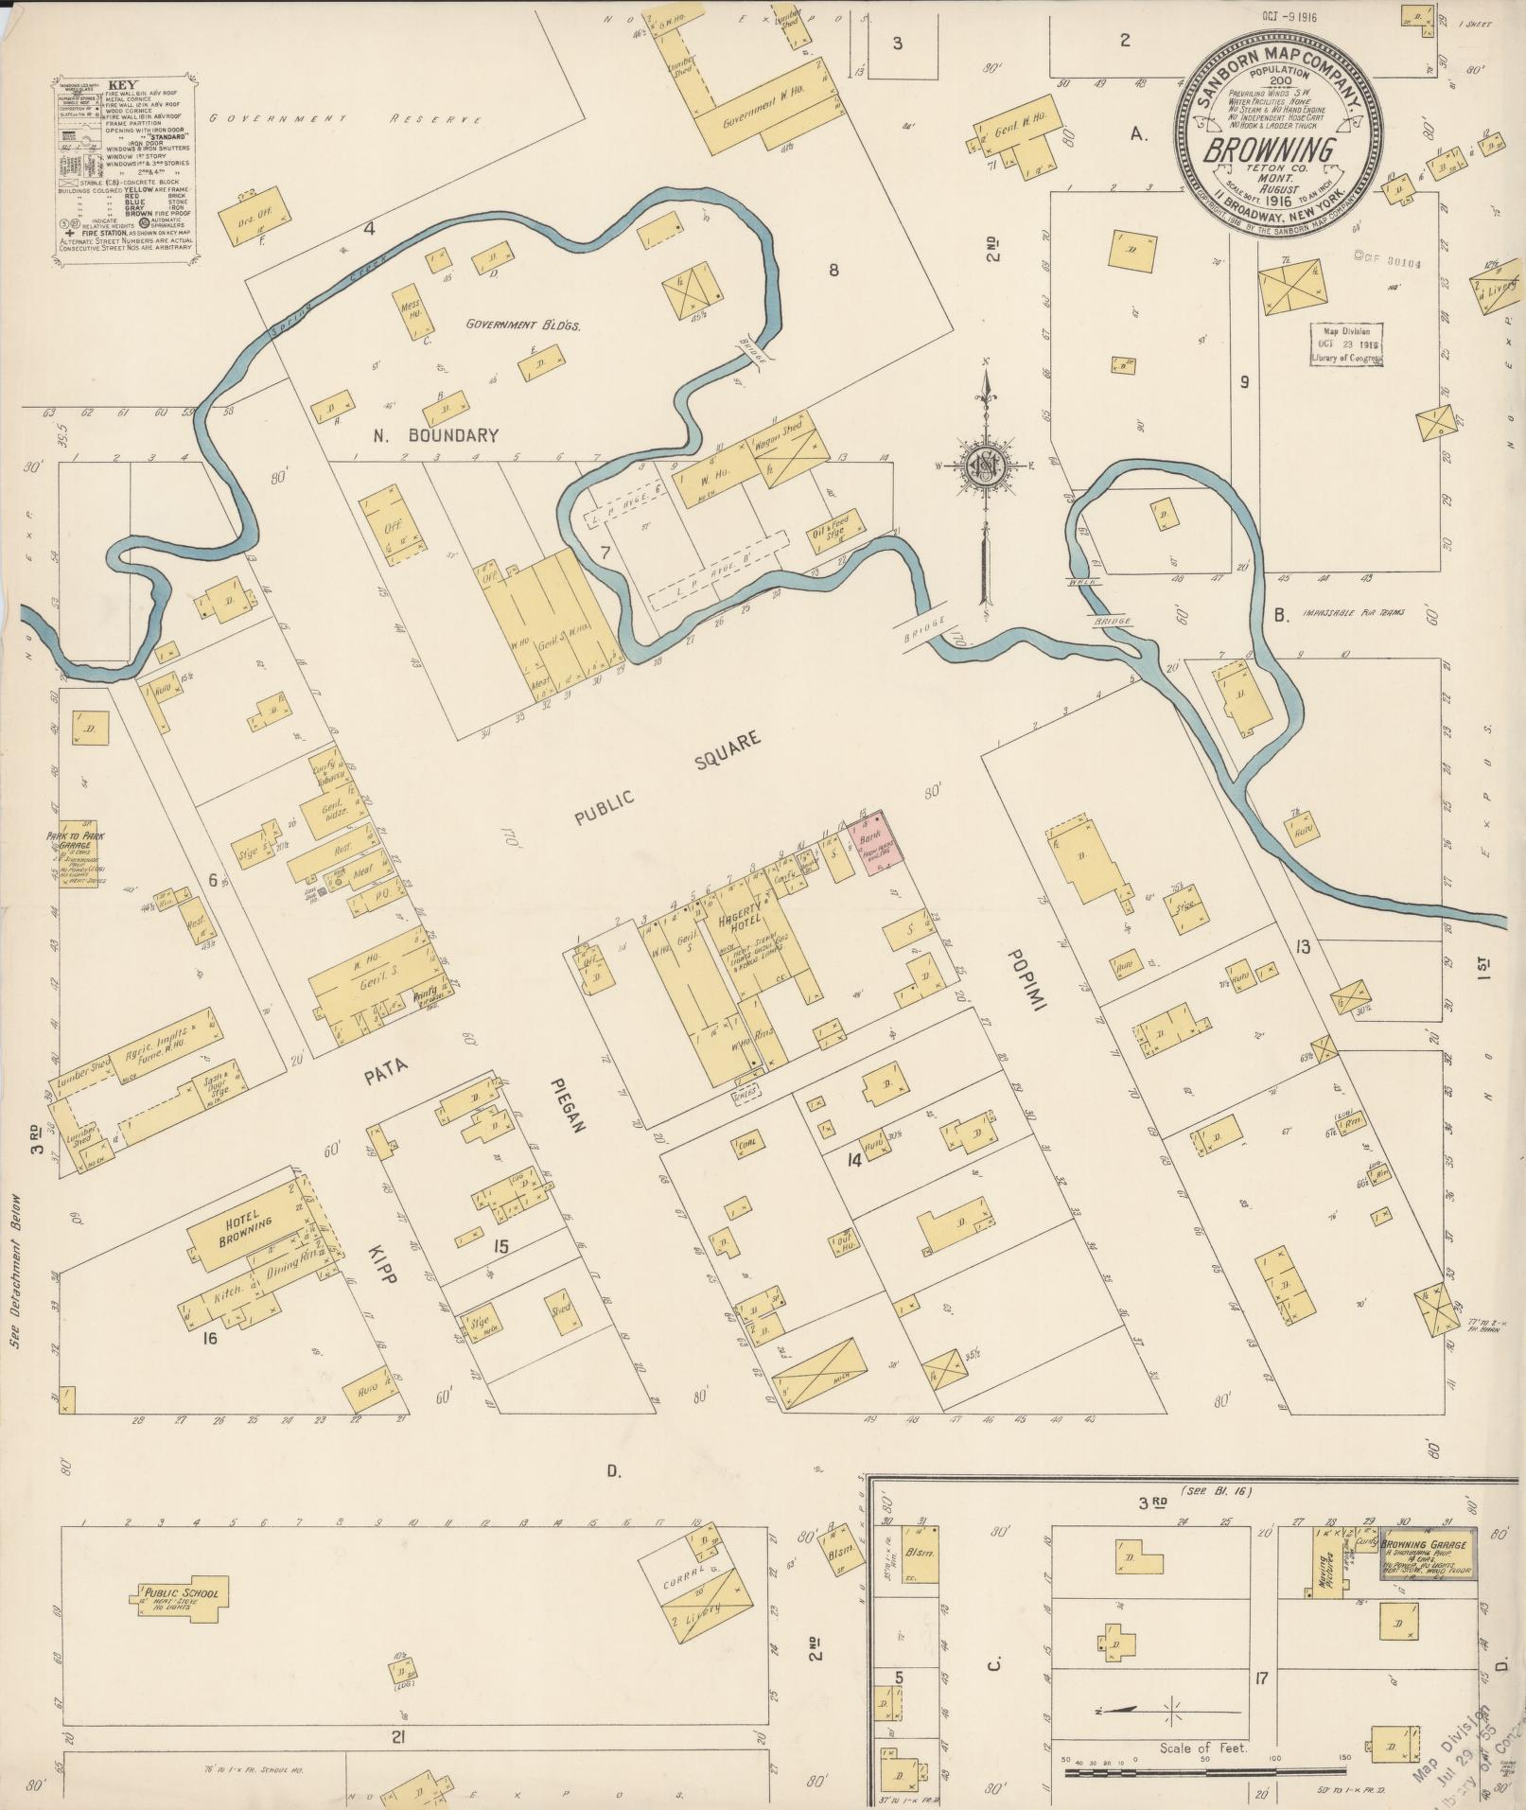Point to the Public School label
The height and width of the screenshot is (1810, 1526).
(x=183, y=1593)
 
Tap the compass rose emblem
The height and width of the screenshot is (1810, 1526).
(x=984, y=464)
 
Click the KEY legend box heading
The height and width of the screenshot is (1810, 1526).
(x=122, y=83)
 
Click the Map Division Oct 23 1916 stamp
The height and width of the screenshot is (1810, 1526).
(x=1344, y=344)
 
